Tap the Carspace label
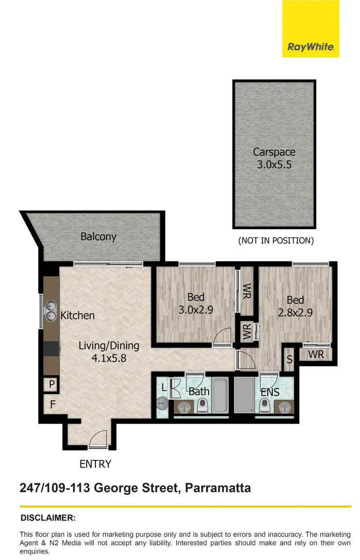[x=274, y=152]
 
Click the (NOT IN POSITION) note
[x=275, y=241]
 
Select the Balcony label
[x=98, y=236]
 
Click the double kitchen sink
[x=51, y=311]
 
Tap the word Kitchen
[x=78, y=315]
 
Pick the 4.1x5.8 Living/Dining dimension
[x=108, y=357]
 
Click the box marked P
[x=52, y=385]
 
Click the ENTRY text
[x=95, y=464]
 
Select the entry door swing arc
[x=97, y=440]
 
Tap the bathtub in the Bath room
[x=220, y=397]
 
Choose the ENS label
[x=270, y=392]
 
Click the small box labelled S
[x=289, y=359]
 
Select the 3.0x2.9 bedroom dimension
[x=196, y=310]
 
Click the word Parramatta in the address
[x=218, y=488]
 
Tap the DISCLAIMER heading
[x=48, y=517]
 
